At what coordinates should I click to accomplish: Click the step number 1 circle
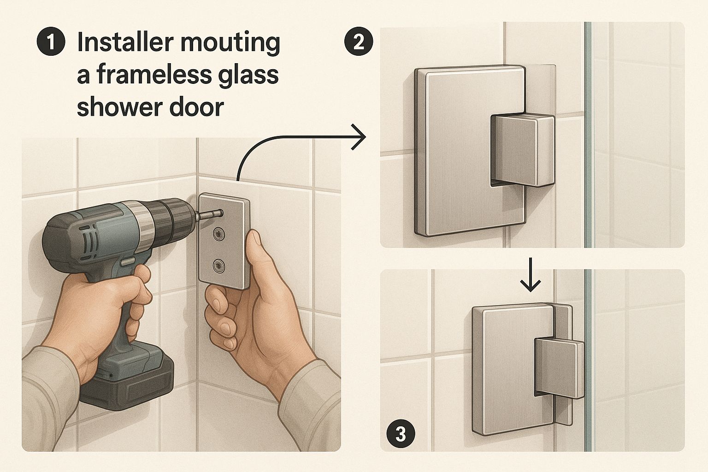tap(51, 42)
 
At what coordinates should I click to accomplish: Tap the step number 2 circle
tap(359, 42)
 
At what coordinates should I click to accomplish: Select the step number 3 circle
tap(401, 434)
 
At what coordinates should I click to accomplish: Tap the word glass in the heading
tap(252, 76)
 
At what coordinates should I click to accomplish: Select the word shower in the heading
tap(119, 106)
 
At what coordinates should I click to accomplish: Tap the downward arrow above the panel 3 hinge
tap(531, 274)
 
